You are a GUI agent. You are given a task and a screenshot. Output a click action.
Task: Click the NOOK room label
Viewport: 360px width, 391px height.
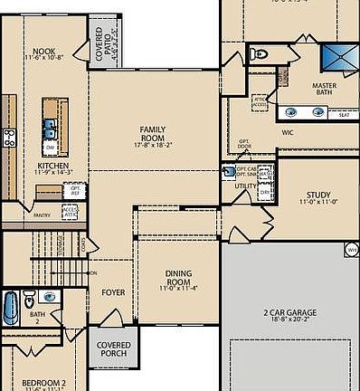[44, 52]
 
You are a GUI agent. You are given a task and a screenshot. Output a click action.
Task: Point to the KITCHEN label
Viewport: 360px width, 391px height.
[52, 167]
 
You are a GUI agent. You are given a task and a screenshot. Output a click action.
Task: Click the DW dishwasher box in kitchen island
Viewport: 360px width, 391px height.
[51, 148]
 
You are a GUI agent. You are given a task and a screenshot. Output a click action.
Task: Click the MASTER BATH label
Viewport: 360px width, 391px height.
[323, 89]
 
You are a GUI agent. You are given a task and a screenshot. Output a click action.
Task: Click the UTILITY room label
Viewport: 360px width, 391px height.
[245, 186]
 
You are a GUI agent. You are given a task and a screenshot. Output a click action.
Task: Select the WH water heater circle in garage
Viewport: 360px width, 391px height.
[351, 246]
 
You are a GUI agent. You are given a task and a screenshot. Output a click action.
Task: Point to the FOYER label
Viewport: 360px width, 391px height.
[113, 292]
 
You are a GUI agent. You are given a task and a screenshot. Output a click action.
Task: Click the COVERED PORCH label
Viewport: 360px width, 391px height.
[113, 349]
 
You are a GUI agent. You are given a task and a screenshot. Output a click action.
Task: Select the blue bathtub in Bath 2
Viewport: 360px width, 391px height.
[11, 308]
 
